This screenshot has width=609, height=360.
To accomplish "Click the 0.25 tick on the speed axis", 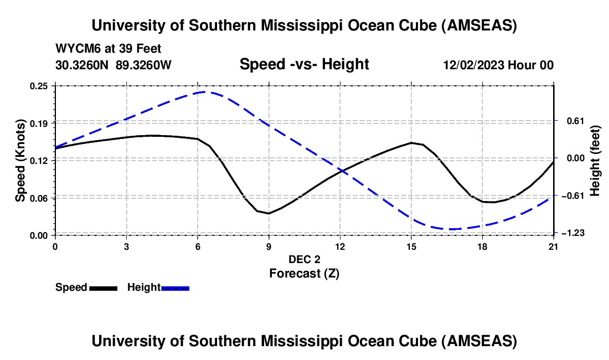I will pos(40,86).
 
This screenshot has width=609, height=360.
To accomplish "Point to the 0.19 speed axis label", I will pos(40,122).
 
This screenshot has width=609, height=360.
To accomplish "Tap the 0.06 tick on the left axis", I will pos(40,198).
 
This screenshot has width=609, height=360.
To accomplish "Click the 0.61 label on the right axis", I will pos(570,121).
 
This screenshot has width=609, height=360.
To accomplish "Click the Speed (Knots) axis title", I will pos(20,160).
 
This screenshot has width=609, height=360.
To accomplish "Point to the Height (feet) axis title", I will pos(595,160).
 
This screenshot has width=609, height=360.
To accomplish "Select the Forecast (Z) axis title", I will pos(304,273).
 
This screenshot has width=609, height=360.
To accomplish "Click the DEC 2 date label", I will pos(304,259).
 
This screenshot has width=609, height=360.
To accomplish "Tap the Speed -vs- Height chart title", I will pos(304,64).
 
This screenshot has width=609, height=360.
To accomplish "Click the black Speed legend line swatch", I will pos(103,287).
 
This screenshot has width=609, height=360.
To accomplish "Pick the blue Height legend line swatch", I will pos(175,287).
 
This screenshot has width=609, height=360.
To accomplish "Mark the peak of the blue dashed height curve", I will pos(204,92).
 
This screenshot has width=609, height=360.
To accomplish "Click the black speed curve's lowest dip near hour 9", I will pos(269,213).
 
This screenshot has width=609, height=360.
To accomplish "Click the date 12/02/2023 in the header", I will pos(472,65).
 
